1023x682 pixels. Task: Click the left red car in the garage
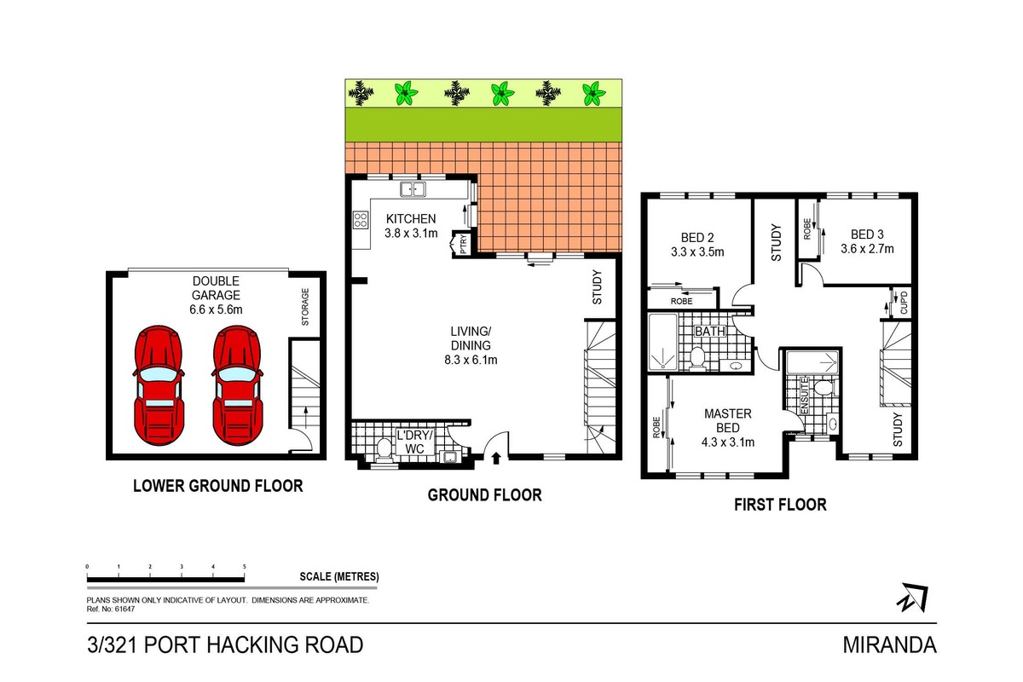159,386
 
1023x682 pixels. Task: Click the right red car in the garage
238,386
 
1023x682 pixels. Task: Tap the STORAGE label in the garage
305,307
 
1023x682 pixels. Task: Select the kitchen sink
413,189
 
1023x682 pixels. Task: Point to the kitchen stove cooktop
361,219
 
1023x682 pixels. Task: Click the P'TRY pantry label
464,244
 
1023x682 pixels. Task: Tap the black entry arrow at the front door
496,458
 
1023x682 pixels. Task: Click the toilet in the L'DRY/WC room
384,448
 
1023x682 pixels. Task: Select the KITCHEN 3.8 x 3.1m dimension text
411,234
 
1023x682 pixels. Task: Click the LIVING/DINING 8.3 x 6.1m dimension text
471,360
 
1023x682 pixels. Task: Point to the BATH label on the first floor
709,331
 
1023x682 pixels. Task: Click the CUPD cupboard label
904,303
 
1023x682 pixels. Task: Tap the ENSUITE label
805,396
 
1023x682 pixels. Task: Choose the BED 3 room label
867,234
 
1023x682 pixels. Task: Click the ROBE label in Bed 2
681,302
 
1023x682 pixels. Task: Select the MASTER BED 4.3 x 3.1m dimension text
727,442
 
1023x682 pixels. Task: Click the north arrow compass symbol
913,598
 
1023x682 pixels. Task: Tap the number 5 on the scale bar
245,567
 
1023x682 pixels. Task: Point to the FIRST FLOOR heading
780,505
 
